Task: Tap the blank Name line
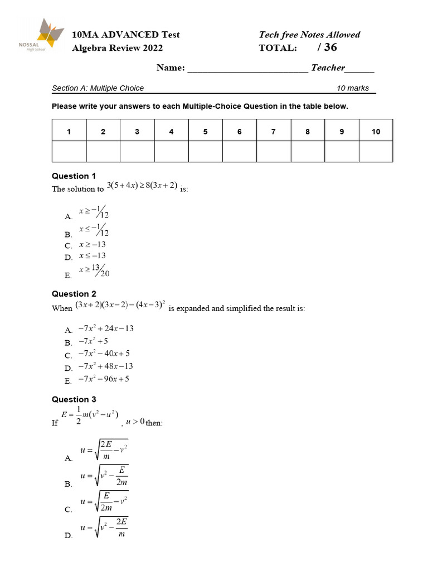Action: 247,69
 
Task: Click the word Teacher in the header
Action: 328,68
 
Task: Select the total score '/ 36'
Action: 327,48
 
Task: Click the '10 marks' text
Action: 353,88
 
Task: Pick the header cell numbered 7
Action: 273,132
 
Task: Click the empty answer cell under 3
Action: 137,151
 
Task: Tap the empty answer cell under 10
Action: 376,151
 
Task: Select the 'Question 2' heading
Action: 74,294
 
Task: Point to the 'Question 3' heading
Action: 74,399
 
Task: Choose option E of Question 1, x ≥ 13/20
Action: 94,271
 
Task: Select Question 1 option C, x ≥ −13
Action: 93,244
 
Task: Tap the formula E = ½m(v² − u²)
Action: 89,415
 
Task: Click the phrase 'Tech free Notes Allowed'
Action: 309,35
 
